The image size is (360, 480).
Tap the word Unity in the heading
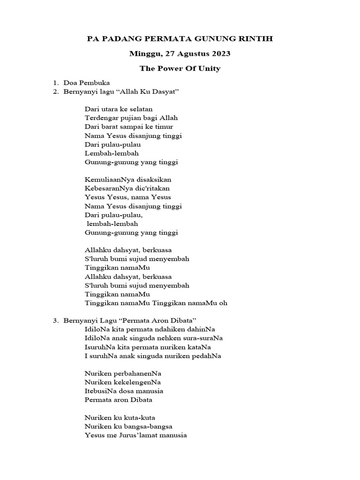tap(209, 68)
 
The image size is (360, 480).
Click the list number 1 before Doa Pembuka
tap(55, 82)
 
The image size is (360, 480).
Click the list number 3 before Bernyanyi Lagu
tap(55, 321)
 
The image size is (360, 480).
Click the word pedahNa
tap(206, 356)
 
